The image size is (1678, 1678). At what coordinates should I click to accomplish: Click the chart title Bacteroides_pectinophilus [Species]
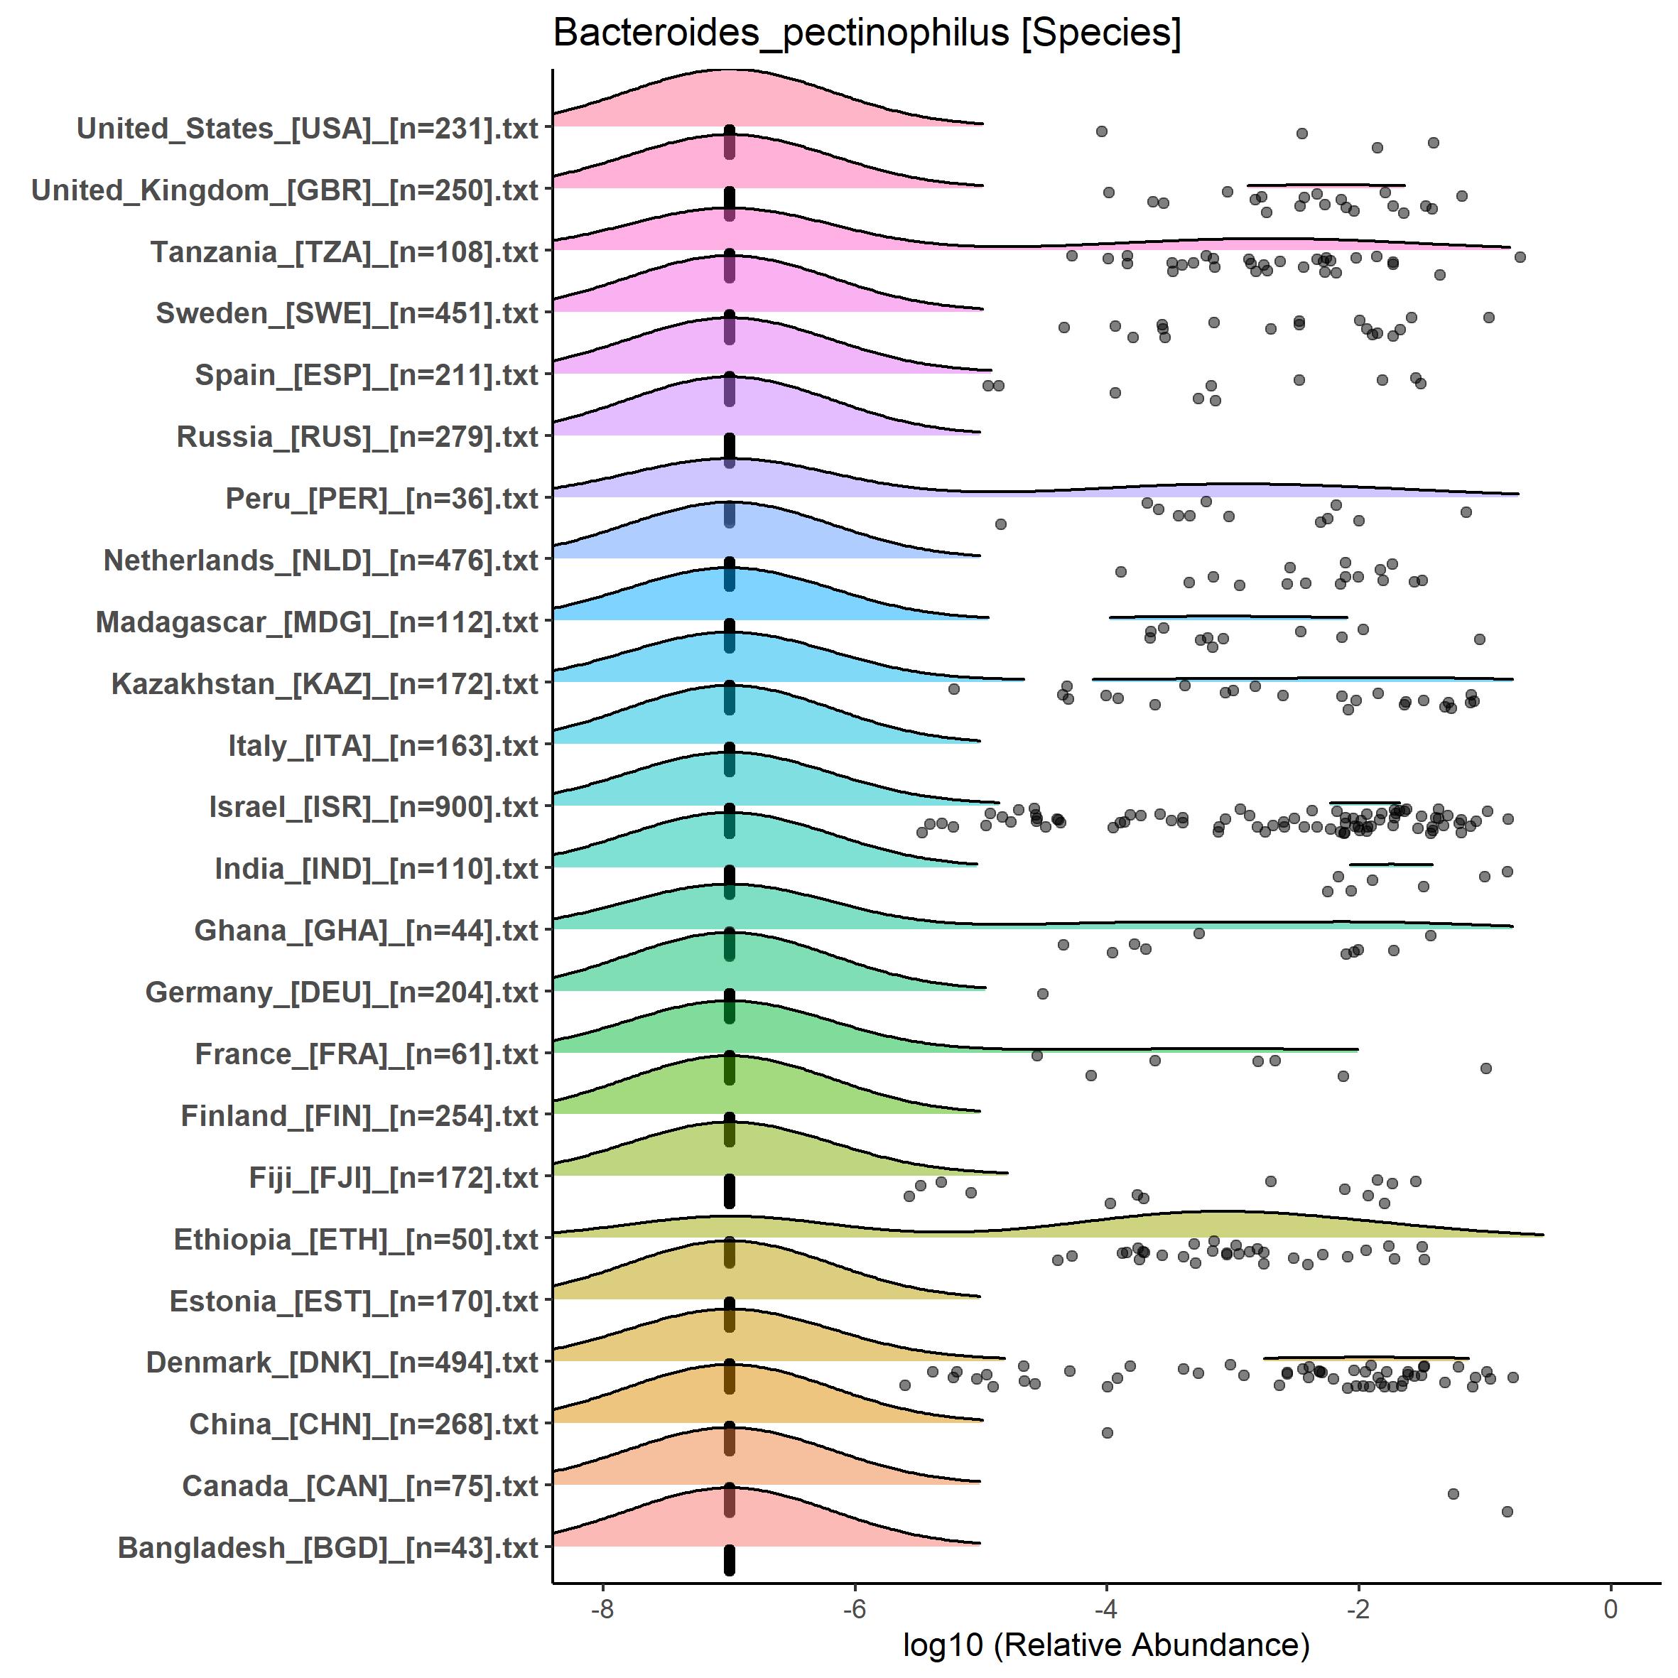click(867, 34)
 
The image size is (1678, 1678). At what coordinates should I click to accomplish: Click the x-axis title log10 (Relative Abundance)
click(1105, 1643)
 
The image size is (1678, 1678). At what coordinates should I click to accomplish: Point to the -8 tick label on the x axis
click(602, 1608)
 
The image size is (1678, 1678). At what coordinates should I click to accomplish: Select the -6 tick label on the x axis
click(854, 1608)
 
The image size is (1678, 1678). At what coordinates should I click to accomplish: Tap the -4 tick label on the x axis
click(1105, 1608)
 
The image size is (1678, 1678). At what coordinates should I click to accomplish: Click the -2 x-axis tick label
click(1358, 1608)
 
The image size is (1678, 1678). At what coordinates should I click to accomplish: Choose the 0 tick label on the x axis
click(1611, 1608)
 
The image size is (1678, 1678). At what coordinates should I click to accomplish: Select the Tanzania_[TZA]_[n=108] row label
click(345, 252)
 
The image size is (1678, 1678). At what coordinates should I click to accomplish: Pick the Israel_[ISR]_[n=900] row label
click(374, 807)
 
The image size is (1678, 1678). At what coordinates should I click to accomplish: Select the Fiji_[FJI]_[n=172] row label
click(394, 1177)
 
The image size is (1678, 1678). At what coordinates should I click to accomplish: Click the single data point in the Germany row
click(1043, 994)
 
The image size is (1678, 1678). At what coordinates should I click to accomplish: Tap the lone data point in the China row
click(1108, 1432)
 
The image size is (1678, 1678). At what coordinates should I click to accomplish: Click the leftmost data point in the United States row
click(1101, 131)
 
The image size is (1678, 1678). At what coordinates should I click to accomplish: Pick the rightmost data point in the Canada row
click(1507, 1511)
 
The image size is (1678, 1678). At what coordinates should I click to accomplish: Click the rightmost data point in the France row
click(1486, 1068)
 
